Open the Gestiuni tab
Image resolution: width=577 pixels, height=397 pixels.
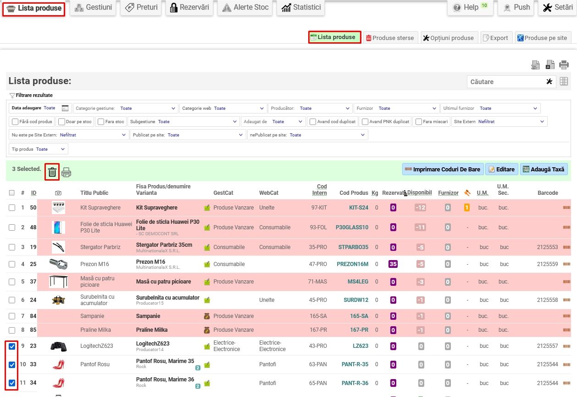click(x=93, y=7)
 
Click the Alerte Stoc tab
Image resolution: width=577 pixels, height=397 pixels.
click(x=245, y=7)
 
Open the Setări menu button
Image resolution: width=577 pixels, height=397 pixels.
click(x=558, y=7)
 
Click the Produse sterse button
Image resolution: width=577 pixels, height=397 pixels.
click(x=390, y=38)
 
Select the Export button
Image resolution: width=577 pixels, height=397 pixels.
click(x=496, y=38)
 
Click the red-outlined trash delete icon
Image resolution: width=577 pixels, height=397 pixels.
click(x=52, y=172)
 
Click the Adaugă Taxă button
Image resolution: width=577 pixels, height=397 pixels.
click(x=544, y=170)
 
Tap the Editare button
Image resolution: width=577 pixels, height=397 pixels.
click(x=502, y=170)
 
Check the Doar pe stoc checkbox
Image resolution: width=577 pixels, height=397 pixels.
click(x=61, y=122)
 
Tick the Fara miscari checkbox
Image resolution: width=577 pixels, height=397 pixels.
click(x=419, y=122)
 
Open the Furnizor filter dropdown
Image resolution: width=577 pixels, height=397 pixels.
click(x=396, y=108)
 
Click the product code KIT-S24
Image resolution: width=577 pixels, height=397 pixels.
click(x=359, y=208)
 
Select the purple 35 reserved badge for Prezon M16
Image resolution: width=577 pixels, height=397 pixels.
click(x=393, y=264)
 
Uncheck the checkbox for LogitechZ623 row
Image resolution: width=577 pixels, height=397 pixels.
click(x=12, y=346)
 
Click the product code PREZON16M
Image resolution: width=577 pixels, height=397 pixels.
click(x=352, y=264)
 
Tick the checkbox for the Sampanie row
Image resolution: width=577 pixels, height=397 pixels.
click(x=12, y=316)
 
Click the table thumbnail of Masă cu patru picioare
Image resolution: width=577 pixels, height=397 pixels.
click(x=58, y=281)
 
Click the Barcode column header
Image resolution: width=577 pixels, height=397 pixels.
click(x=548, y=193)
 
